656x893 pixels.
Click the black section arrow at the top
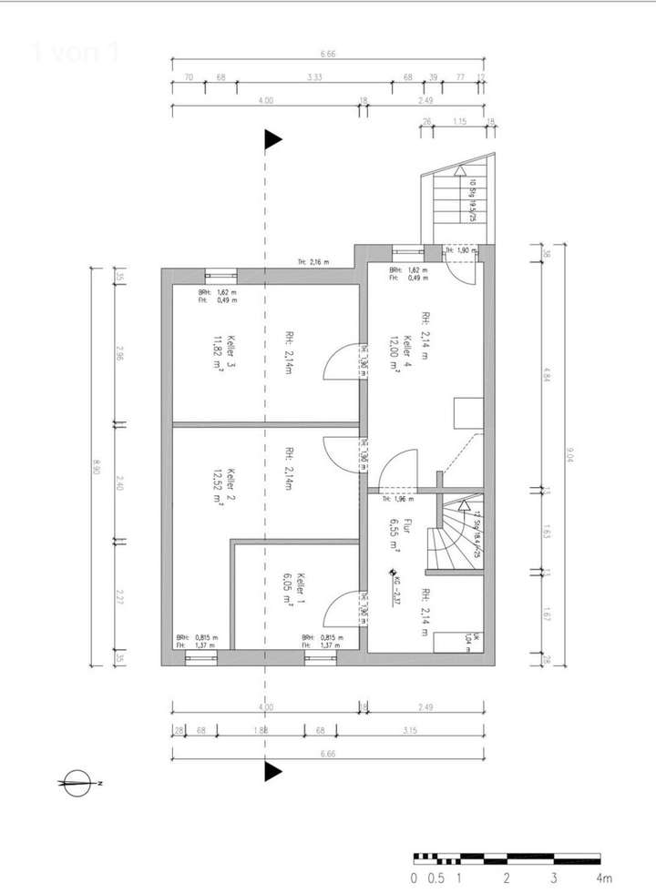(272, 139)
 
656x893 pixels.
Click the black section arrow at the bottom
(272, 772)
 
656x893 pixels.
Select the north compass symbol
(77, 782)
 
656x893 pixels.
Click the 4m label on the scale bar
(603, 878)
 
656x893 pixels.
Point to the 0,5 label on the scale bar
(436, 878)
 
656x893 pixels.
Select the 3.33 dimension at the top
(314, 78)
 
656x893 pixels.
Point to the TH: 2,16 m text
(313, 262)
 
